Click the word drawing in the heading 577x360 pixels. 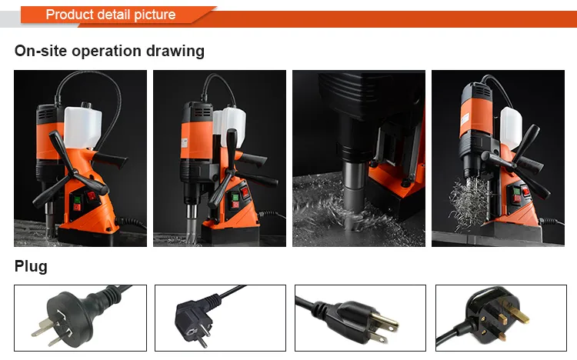[x=175, y=52]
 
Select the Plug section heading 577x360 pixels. [x=31, y=266]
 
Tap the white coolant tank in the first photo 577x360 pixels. [x=82, y=126]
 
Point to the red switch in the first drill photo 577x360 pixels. [x=92, y=195]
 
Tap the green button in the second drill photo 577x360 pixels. [x=235, y=197]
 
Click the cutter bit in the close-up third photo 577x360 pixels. [x=354, y=195]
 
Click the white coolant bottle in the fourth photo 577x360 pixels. [x=511, y=128]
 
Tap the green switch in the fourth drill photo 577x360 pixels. [x=517, y=192]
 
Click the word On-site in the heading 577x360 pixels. [x=41, y=51]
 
